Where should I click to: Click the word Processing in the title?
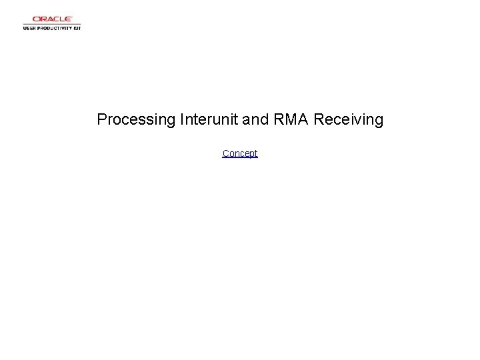pos(135,120)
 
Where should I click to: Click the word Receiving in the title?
pos(348,120)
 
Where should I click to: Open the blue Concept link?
pos(240,153)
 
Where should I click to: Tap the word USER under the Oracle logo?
pos(30,29)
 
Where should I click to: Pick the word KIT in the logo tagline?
pos(76,29)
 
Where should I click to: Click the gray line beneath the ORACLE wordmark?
pos(52,25)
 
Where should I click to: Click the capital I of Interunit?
pos(181,119)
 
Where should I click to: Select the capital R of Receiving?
pos(319,119)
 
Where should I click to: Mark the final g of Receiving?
pos(379,121)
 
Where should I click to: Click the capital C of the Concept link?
pos(225,153)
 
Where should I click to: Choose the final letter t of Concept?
pos(255,153)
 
